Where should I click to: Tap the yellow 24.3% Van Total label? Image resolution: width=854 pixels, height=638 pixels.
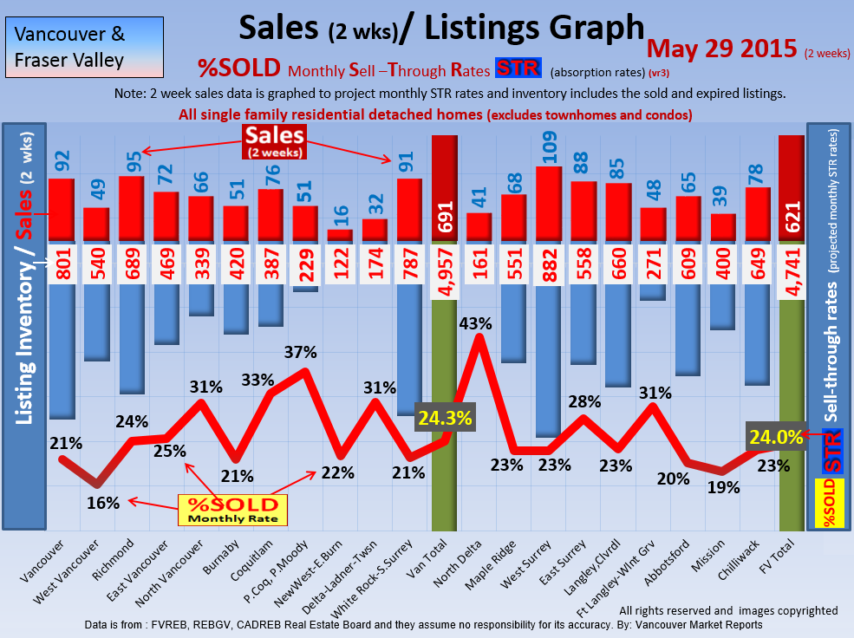(445, 418)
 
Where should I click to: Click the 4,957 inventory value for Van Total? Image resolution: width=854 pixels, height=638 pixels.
(445, 271)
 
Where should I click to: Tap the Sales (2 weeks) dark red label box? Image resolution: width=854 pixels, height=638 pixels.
(272, 141)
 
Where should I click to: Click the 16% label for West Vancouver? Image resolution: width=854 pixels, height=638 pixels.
(102, 502)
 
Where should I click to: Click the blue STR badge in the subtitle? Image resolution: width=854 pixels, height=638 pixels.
(518, 68)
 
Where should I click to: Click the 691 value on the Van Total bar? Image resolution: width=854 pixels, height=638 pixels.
(445, 219)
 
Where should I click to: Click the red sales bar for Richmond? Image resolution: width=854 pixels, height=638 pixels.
(132, 208)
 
